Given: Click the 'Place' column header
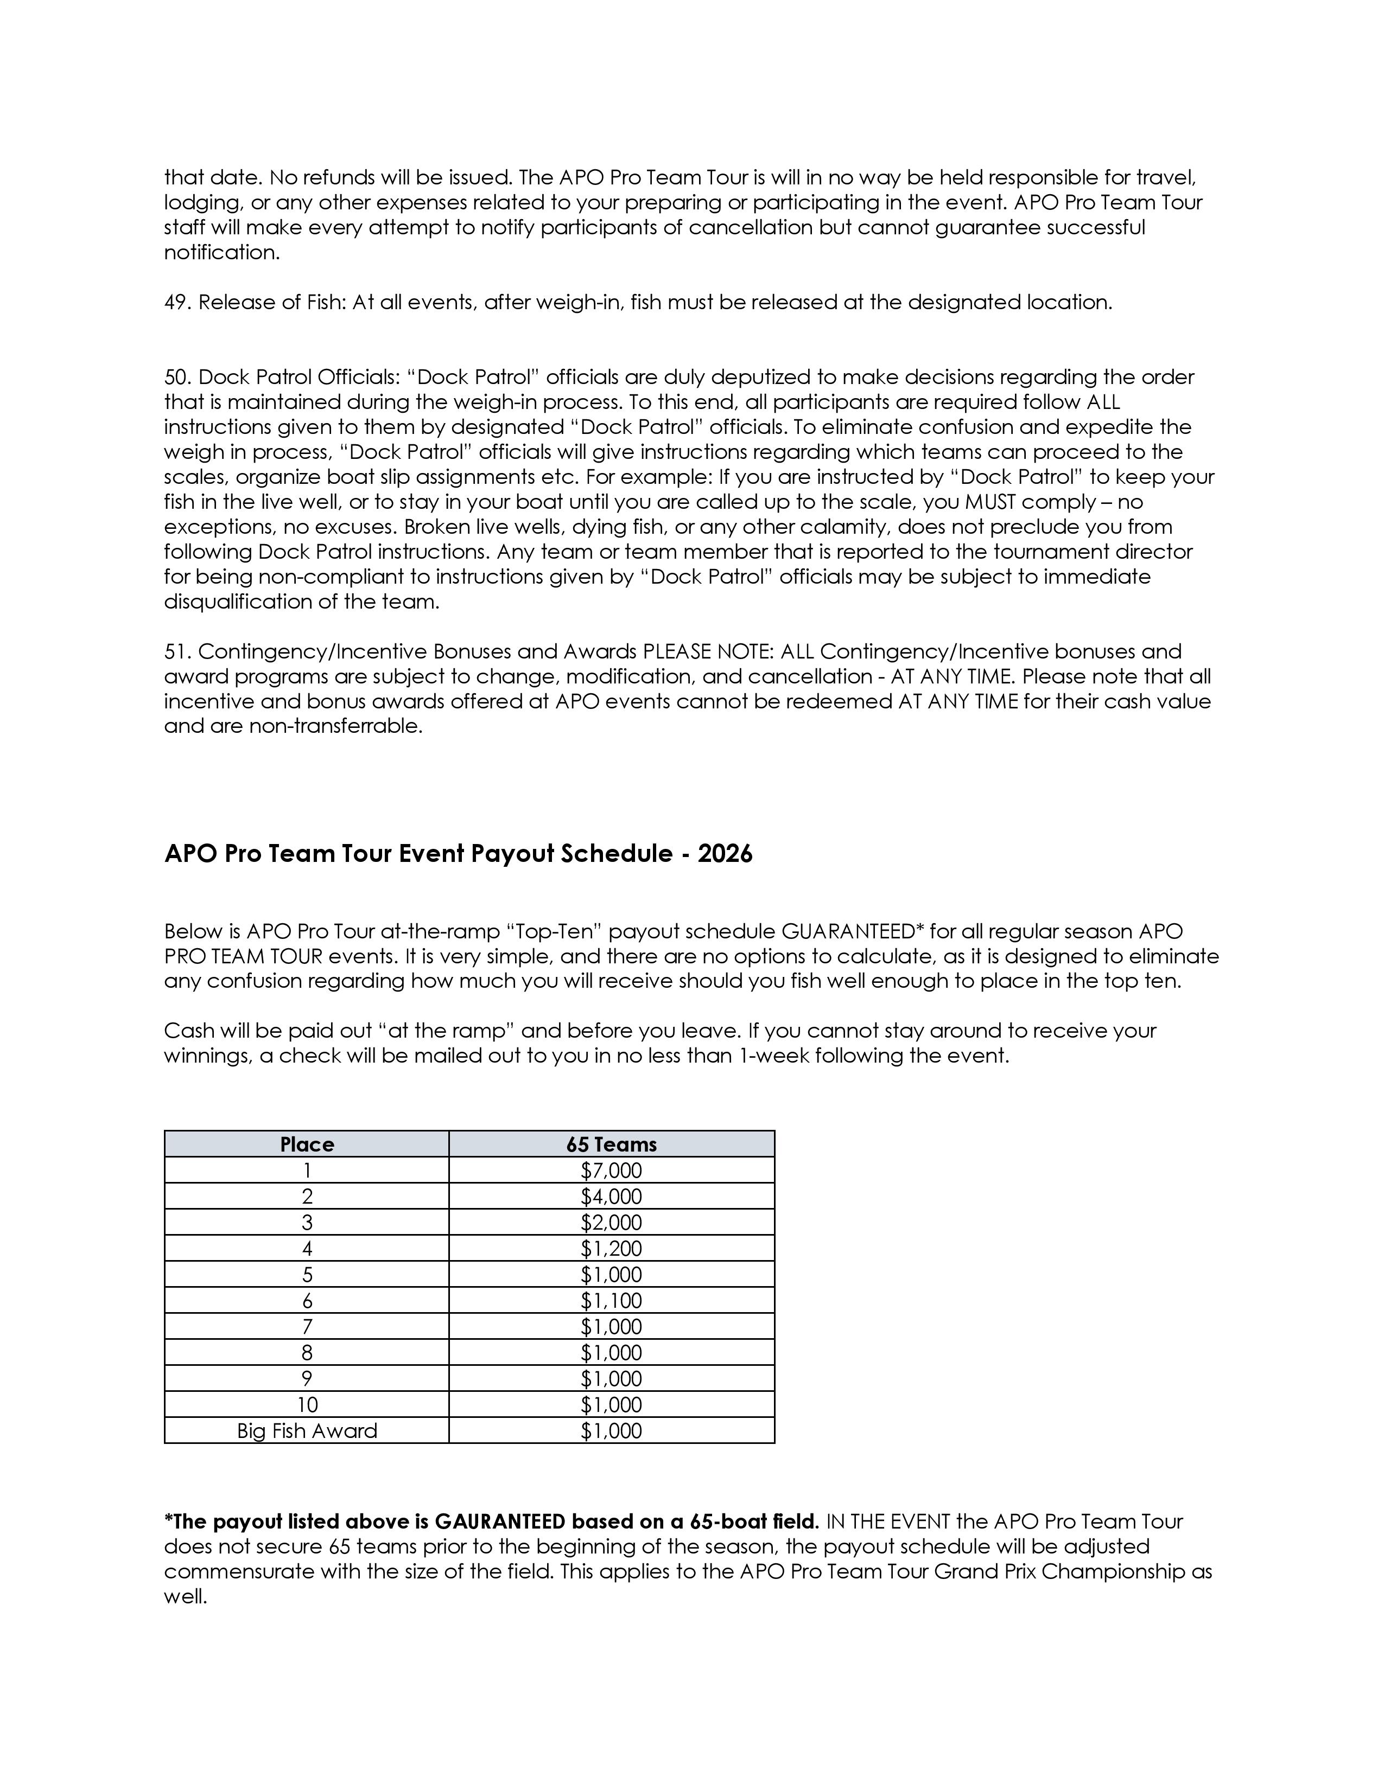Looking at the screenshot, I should coord(307,1144).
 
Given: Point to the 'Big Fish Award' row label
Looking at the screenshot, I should coord(307,1430).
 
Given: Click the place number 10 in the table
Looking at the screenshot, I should coord(307,1405).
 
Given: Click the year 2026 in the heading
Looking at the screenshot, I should coord(725,854).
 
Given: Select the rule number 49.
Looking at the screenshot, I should coord(177,303).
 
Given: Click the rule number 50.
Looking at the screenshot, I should coord(177,377).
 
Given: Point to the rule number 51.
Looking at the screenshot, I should coord(176,651).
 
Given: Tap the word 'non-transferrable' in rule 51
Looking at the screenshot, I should coord(336,726).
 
